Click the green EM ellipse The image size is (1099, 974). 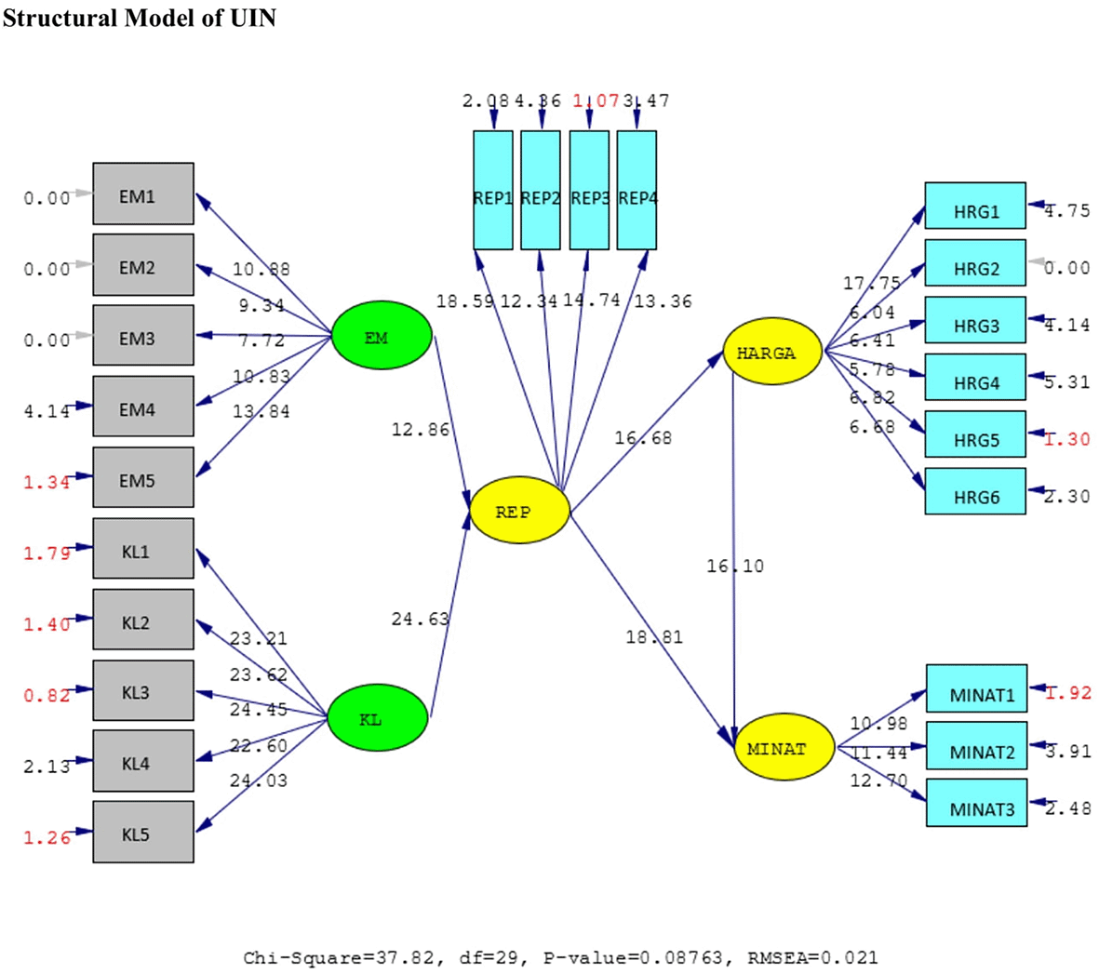click(x=382, y=336)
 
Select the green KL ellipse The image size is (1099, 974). click(x=378, y=718)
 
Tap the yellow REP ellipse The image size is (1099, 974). click(x=519, y=511)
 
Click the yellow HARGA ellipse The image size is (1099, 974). click(x=772, y=353)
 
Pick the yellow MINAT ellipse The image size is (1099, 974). click(x=784, y=747)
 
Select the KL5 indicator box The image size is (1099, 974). click(x=143, y=833)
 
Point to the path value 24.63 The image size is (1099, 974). click(x=421, y=619)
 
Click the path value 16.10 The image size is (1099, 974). click(x=735, y=566)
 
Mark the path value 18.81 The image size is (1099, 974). click(x=654, y=637)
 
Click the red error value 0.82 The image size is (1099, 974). click(x=47, y=696)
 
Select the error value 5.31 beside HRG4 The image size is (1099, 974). click(x=1066, y=382)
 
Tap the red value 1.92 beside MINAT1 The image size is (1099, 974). click(x=1068, y=693)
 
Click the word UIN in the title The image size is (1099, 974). click(x=253, y=18)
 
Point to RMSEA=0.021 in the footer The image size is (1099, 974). click(x=812, y=957)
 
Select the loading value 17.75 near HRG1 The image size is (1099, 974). click(x=872, y=284)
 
